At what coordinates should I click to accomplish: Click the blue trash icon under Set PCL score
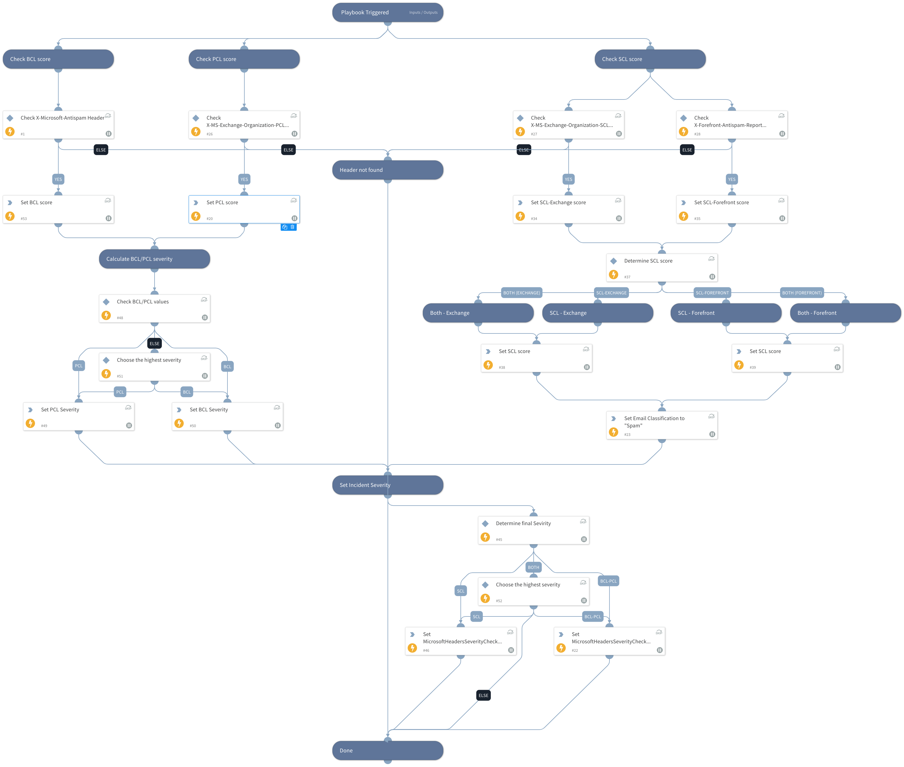pyautogui.click(x=292, y=227)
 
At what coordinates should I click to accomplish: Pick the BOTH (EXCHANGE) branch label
pyautogui.click(x=521, y=293)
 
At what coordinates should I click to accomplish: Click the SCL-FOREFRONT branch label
pyautogui.click(x=712, y=293)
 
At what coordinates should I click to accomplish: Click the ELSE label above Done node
pyautogui.click(x=483, y=695)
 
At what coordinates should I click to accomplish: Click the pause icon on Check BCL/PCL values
pyautogui.click(x=205, y=317)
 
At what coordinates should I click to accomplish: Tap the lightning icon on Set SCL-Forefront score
pyautogui.click(x=683, y=216)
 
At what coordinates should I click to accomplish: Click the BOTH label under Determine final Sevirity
pyautogui.click(x=533, y=567)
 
